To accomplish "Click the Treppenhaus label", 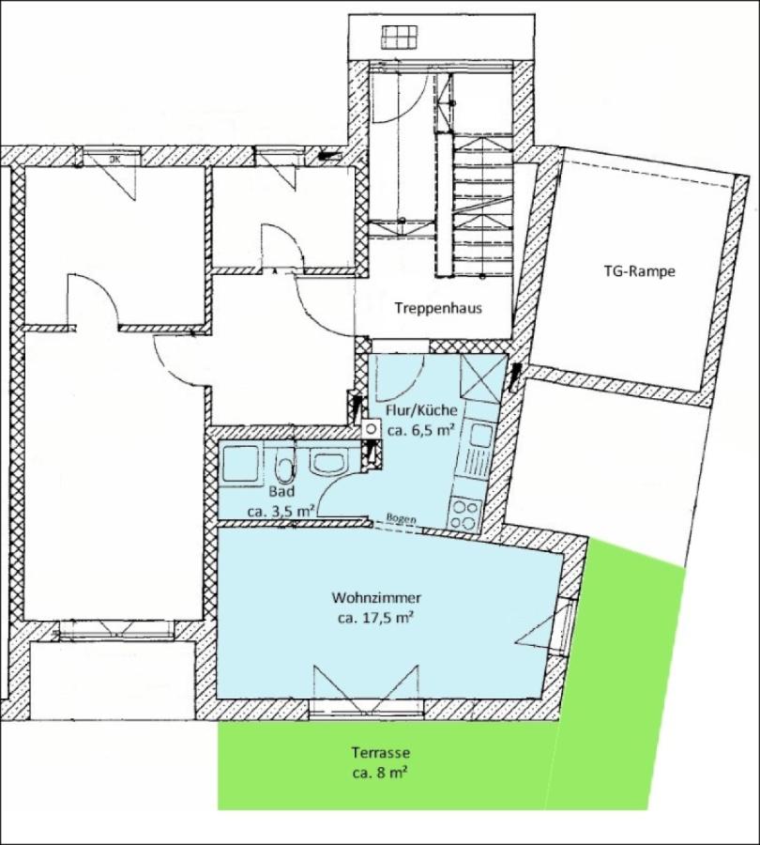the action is point(438,308).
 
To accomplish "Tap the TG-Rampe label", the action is point(639,271).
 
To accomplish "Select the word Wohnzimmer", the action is point(376,598).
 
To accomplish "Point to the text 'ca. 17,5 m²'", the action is point(375,619).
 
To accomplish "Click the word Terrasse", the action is point(381,752).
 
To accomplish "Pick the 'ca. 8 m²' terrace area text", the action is point(380,774).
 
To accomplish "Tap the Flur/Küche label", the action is point(421,410).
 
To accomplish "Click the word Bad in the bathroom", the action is point(282,491).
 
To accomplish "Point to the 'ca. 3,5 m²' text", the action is point(281,512).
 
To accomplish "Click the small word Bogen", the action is point(402,519).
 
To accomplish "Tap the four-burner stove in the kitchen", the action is point(465,514).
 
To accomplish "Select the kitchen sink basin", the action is point(479,435).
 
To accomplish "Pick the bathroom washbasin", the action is point(329,462).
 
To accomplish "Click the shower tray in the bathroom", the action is point(239,465).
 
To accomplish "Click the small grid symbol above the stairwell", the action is point(401,38).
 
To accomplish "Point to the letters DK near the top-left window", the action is point(114,160).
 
